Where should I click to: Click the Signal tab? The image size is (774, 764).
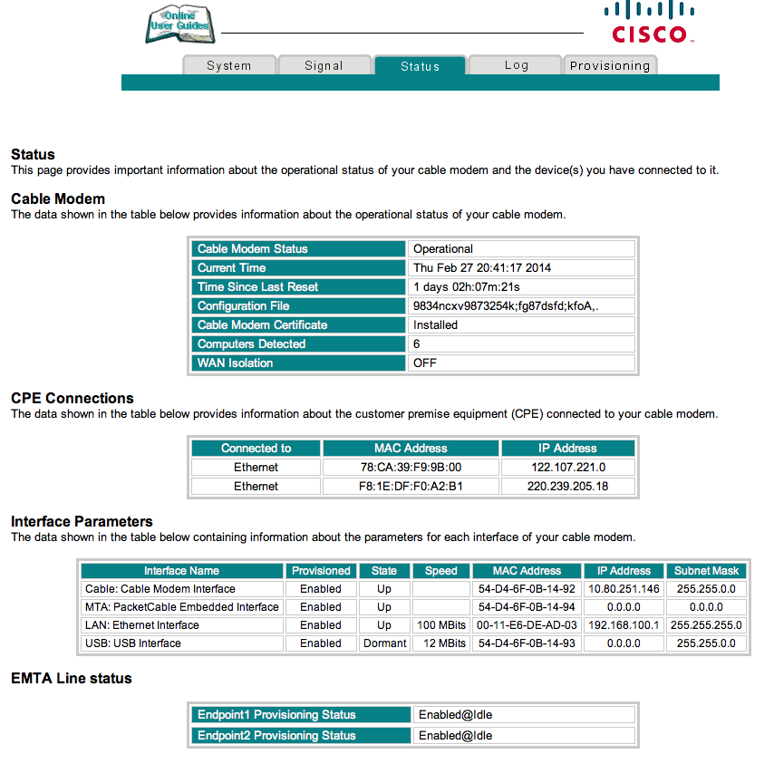click(x=324, y=65)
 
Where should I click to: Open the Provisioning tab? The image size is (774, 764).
click(x=610, y=65)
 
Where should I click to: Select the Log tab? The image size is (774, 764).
click(x=516, y=65)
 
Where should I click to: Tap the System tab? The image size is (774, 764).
click(x=229, y=65)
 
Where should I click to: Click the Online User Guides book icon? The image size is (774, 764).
click(x=179, y=24)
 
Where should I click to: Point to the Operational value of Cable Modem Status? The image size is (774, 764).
click(x=443, y=249)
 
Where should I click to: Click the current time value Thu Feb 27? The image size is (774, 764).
click(x=482, y=268)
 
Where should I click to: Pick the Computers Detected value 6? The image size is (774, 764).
click(x=417, y=344)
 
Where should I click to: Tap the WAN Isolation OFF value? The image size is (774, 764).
click(x=425, y=363)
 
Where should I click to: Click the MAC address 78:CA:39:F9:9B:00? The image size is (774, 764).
click(x=411, y=468)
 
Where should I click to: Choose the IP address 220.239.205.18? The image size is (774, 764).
click(x=567, y=487)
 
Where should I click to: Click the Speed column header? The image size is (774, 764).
click(x=441, y=571)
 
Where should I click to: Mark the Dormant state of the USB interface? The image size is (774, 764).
click(x=384, y=643)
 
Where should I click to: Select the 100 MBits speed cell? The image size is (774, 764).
click(x=441, y=625)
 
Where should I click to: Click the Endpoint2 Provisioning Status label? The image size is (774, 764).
click(x=276, y=736)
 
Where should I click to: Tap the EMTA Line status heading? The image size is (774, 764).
click(x=72, y=678)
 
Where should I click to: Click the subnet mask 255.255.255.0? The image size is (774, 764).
click(x=706, y=625)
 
